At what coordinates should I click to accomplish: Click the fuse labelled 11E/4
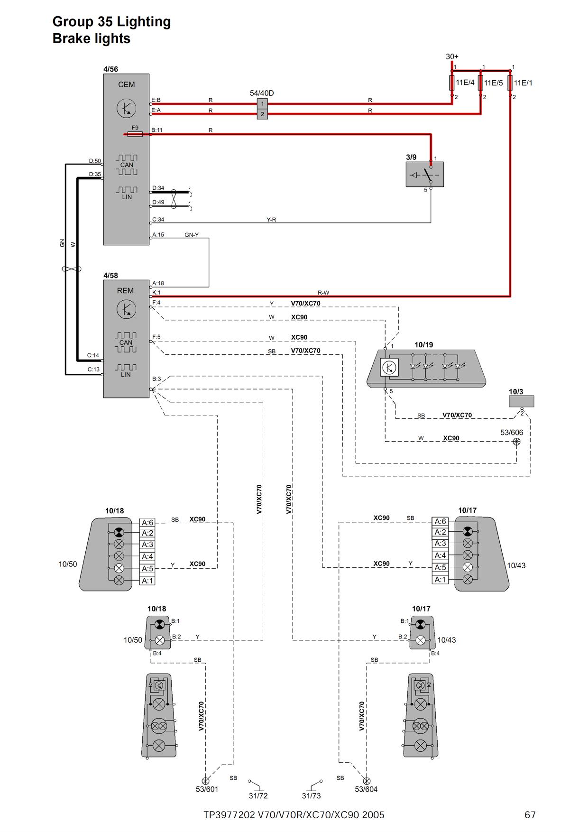(452, 83)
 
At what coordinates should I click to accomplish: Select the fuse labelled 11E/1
(510, 83)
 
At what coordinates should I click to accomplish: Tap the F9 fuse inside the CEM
(135, 134)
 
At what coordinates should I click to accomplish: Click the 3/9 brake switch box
(425, 174)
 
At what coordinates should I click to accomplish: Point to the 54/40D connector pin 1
(262, 103)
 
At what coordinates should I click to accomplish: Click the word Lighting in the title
(144, 22)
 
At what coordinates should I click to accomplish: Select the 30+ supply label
(452, 56)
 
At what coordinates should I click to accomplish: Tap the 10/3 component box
(521, 401)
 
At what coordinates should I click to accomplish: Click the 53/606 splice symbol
(517, 442)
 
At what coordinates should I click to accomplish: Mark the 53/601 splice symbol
(205, 780)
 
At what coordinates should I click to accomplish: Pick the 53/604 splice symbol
(366, 780)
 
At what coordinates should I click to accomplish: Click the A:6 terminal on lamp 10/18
(147, 523)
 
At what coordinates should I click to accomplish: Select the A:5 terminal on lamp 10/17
(441, 567)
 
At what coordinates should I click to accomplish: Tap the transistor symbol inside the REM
(126, 310)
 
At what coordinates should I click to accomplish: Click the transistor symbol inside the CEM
(126, 109)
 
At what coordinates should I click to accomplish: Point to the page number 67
(530, 815)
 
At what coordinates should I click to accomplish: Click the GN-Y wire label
(192, 235)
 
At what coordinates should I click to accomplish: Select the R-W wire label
(323, 293)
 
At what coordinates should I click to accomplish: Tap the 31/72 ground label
(258, 796)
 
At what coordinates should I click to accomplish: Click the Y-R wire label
(271, 220)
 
